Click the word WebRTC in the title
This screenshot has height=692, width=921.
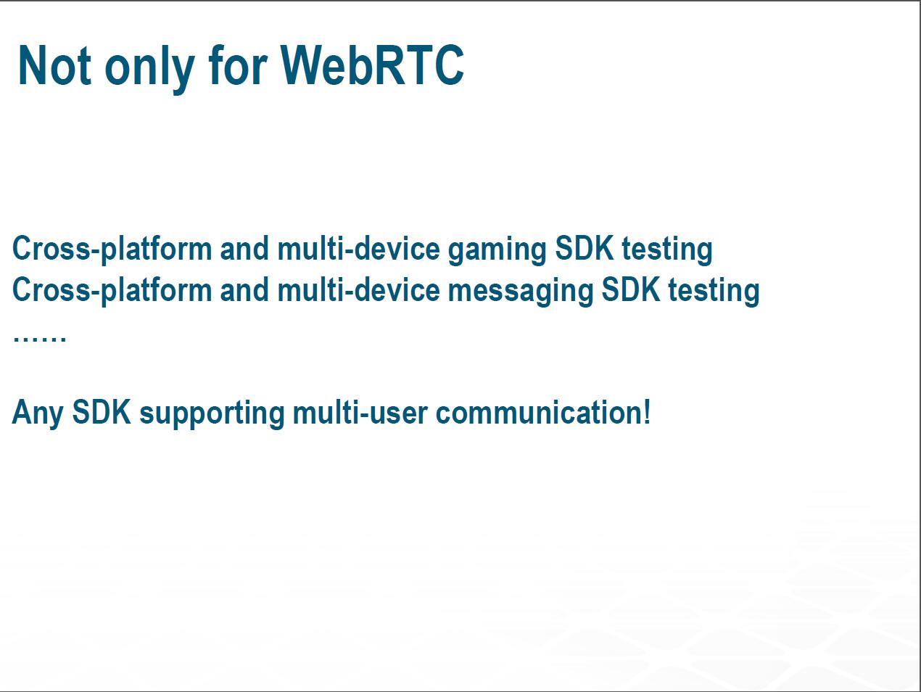372,65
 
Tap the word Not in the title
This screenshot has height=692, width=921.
54,65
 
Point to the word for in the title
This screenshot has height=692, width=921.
237,65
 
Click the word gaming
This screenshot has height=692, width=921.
497,250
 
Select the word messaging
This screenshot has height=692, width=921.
520,292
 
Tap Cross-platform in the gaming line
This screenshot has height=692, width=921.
112,250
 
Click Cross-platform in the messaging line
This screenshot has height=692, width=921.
112,291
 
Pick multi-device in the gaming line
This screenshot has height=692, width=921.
359,248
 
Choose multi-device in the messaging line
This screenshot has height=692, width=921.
359,289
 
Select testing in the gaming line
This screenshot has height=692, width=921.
667,250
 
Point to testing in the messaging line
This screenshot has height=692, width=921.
714,292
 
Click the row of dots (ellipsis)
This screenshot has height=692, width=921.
39,338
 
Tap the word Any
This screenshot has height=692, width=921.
38,414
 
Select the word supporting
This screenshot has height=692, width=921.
212,414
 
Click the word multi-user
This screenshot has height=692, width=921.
360,413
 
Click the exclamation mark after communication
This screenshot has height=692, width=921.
646,412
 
